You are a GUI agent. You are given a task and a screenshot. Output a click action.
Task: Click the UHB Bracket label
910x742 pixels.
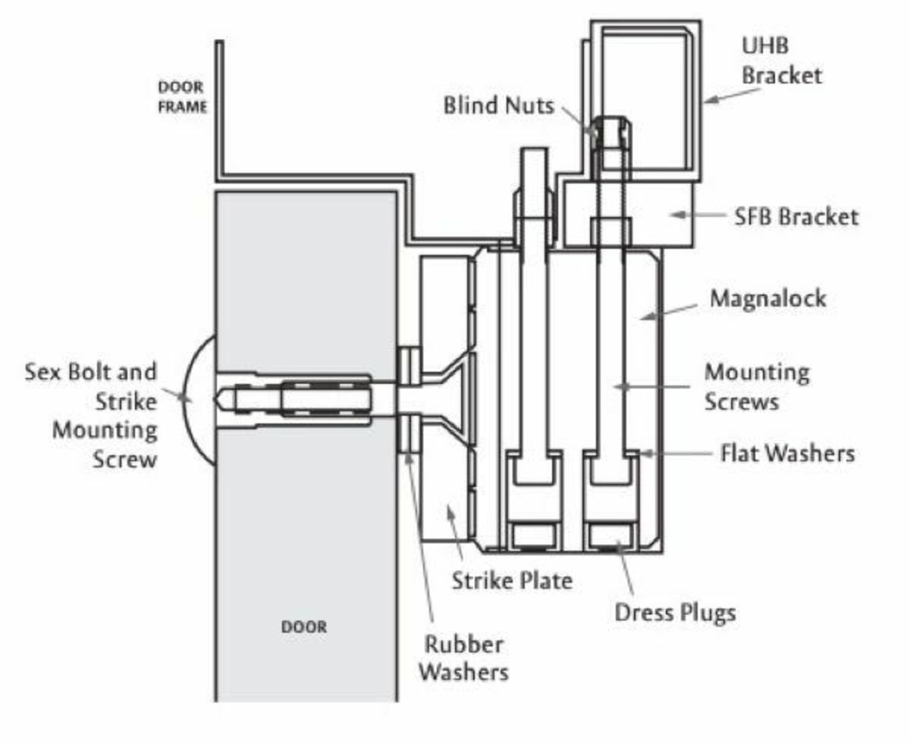(x=781, y=61)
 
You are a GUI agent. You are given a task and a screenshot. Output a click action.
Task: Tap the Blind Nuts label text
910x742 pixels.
(x=498, y=105)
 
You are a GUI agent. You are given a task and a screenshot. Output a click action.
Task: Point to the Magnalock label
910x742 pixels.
(x=767, y=298)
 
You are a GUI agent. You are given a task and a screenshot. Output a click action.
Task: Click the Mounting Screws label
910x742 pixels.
(x=756, y=386)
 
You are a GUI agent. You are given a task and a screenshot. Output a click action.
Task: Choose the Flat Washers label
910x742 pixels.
(x=787, y=453)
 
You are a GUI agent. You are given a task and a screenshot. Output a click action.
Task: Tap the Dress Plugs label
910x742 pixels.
(x=675, y=611)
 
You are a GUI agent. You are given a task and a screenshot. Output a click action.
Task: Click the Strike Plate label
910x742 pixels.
(x=512, y=581)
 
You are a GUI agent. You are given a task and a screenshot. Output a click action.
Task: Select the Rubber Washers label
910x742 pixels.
(x=463, y=658)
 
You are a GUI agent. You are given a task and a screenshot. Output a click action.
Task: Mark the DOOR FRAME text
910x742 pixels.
(x=182, y=97)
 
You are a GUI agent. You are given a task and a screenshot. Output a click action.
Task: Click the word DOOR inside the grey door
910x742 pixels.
(x=304, y=627)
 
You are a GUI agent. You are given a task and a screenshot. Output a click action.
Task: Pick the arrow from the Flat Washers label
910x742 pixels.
(x=676, y=453)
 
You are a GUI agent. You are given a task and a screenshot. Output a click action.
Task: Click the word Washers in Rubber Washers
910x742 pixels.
(x=463, y=671)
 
